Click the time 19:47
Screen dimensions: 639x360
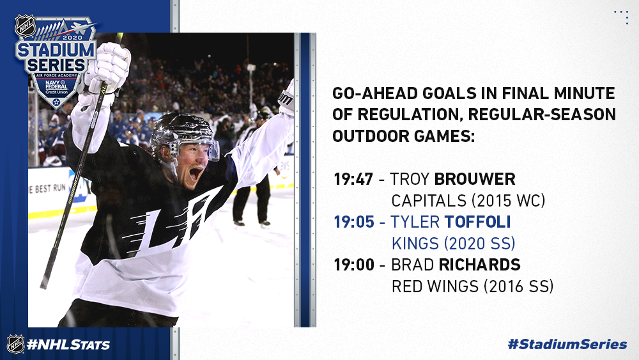(x=353, y=179)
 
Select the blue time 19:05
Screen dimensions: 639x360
(x=354, y=222)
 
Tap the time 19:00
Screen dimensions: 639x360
(x=354, y=265)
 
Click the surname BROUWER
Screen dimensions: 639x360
(x=475, y=179)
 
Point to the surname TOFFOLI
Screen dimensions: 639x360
(x=477, y=222)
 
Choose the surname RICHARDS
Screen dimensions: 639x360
(x=479, y=265)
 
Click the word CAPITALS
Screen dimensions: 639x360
(x=429, y=201)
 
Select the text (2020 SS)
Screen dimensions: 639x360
(x=479, y=244)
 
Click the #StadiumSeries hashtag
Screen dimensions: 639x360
(x=567, y=344)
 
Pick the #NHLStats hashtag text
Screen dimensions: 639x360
(x=68, y=345)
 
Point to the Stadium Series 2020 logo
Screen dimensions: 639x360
(x=56, y=61)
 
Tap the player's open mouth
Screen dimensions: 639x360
(x=195, y=174)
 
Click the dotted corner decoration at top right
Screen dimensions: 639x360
(x=622, y=17)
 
